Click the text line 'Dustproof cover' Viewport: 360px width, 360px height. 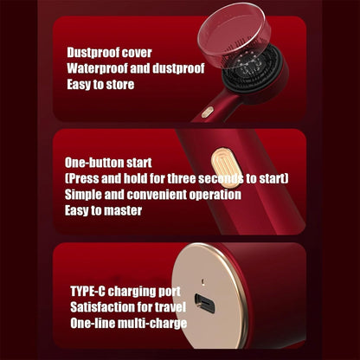pyautogui.click(x=109, y=53)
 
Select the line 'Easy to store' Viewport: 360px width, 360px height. pyautogui.click(x=100, y=85)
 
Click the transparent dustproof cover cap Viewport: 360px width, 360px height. pyautogui.click(x=235, y=35)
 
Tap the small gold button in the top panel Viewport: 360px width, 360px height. pyautogui.click(x=208, y=112)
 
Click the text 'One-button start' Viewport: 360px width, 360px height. pyautogui.click(x=108, y=163)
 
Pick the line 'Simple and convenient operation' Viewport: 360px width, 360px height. pyautogui.click(x=153, y=195)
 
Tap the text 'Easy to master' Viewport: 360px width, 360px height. pyautogui.click(x=103, y=210)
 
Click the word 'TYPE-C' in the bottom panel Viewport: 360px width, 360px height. pyautogui.click(x=87, y=291)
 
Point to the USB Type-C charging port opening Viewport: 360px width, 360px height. pyautogui.click(x=204, y=304)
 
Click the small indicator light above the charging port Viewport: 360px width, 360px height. pyautogui.click(x=202, y=280)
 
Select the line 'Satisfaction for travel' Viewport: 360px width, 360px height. pyautogui.click(x=128, y=307)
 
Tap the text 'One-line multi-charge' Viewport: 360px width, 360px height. pyautogui.click(x=129, y=323)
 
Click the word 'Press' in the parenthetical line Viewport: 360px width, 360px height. pyautogui.click(x=82, y=178)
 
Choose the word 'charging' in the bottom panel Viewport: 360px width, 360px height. pyautogui.click(x=132, y=292)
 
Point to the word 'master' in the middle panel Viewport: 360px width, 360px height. pyautogui.click(x=122, y=210)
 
